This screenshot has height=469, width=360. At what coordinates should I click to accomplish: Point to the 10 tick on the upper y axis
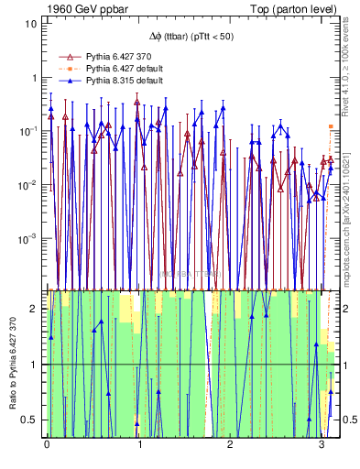[x=30, y=23]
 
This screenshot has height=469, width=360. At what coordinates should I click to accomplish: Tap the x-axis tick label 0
[x=47, y=446]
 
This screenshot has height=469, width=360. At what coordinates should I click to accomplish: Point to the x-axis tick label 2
[x=229, y=446]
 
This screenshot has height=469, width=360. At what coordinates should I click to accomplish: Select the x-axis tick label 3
[x=321, y=446]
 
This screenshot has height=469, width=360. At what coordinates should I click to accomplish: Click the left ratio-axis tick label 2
[x=37, y=309]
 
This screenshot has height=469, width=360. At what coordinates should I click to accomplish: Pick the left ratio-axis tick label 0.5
[x=32, y=420]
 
